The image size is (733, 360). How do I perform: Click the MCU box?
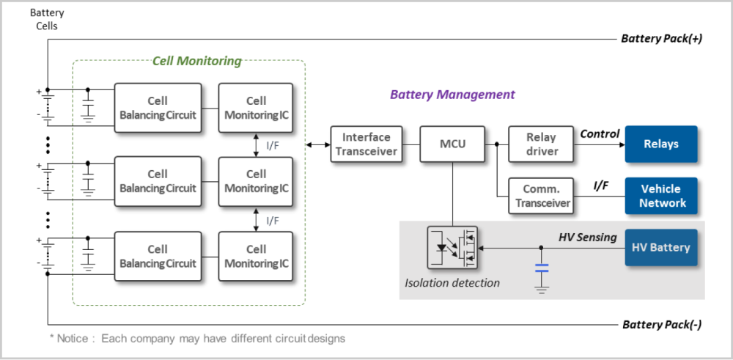(x=452, y=144)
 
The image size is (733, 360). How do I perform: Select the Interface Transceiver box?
(x=366, y=144)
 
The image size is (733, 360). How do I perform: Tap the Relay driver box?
(x=541, y=144)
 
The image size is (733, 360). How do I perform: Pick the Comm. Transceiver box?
(x=541, y=196)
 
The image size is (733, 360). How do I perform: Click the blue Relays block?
(x=660, y=144)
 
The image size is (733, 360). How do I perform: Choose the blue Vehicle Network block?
(x=661, y=196)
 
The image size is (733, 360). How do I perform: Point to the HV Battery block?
(x=660, y=248)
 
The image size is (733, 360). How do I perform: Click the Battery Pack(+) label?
(x=662, y=39)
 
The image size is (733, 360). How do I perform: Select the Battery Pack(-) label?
(x=663, y=324)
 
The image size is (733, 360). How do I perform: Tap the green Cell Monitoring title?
(x=196, y=61)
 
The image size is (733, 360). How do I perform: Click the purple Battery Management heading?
(x=452, y=95)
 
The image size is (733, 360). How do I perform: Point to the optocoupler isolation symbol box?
(x=452, y=249)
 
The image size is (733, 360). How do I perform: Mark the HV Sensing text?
(x=587, y=237)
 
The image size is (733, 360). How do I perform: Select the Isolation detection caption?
(x=452, y=283)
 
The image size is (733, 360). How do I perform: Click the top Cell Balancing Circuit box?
(x=158, y=108)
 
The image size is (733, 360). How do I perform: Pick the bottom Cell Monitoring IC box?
(x=256, y=256)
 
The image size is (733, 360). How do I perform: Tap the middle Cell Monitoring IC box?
(x=256, y=181)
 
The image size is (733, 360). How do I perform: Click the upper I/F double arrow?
(x=256, y=145)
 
